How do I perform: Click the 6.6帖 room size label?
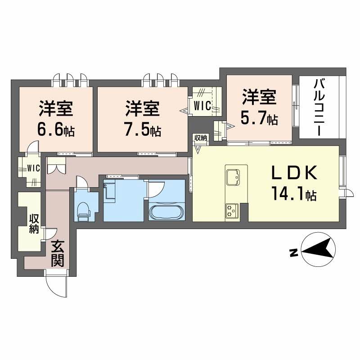point(56,130)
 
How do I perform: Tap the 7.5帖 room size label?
point(143,130)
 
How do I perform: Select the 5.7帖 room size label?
point(260,119)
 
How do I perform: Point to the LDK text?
point(295,173)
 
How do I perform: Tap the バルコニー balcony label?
point(319,108)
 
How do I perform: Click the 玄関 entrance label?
point(58,253)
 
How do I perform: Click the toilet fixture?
point(83,211)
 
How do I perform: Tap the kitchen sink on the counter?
point(233,177)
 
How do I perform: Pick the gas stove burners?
point(232,210)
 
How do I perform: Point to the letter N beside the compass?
point(294,252)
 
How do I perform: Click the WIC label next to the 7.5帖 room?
point(202,106)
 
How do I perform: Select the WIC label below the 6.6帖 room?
point(33,168)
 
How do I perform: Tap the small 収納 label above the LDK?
point(201,138)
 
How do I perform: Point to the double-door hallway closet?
point(57,166)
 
